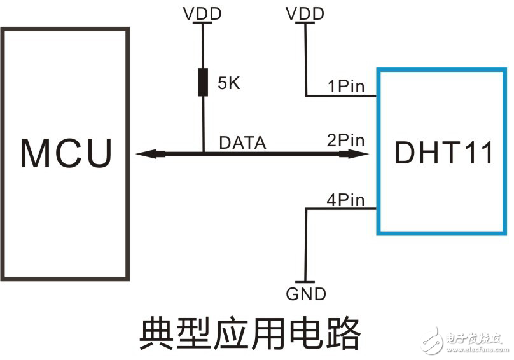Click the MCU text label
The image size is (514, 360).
point(66,153)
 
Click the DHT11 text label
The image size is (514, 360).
point(443,153)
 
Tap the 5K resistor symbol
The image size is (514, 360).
point(202,83)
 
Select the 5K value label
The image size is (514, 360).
point(228,83)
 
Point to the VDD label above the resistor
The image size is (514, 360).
point(202,13)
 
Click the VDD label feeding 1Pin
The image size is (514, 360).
point(306,13)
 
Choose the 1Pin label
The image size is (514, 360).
point(345,86)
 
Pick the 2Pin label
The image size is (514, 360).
point(345,141)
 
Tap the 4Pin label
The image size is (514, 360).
point(345,200)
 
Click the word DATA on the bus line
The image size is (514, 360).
point(242,143)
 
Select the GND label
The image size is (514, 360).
point(306,294)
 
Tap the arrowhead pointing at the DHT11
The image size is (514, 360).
point(356,153)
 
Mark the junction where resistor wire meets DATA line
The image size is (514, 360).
point(202,153)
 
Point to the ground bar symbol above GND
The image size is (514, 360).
point(306,282)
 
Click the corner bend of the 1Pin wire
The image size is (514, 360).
point(306,97)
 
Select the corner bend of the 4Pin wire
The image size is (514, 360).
point(306,209)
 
